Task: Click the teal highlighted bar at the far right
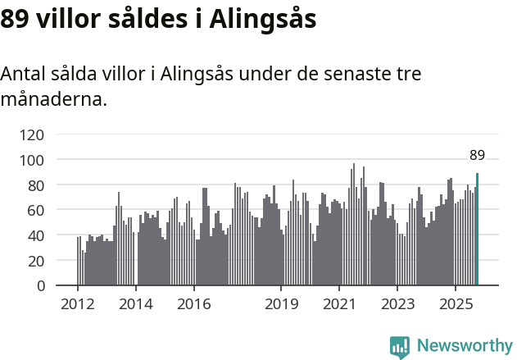(x=477, y=230)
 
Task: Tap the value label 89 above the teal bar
(x=477, y=155)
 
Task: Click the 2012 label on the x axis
(x=78, y=305)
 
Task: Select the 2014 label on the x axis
(x=136, y=305)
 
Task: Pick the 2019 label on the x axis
(x=281, y=305)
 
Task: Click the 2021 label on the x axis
(x=339, y=305)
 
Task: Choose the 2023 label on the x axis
(x=397, y=305)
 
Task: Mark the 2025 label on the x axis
(x=456, y=305)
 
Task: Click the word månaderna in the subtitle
(x=53, y=100)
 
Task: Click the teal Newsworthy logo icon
(x=400, y=347)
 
